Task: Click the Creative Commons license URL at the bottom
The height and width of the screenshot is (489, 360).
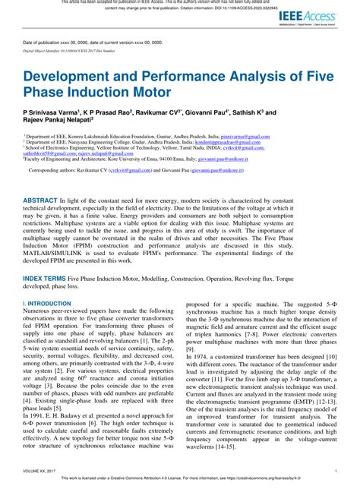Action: (x=296, y=483)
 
